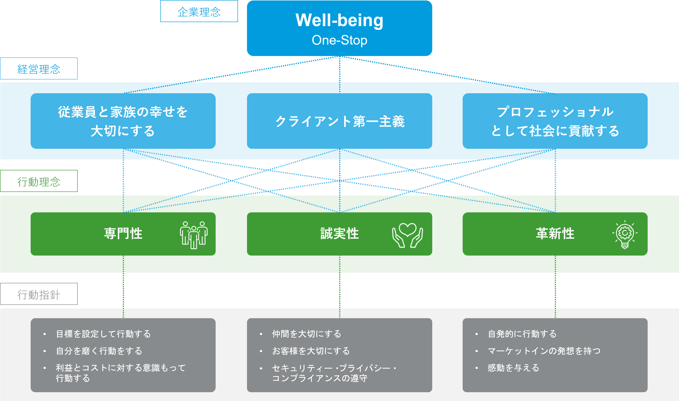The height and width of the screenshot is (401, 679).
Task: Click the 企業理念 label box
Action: click(x=199, y=11)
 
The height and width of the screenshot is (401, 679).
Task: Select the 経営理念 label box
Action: click(x=39, y=68)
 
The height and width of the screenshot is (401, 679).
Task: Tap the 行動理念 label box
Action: click(x=39, y=181)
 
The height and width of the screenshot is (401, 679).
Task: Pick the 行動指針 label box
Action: click(x=39, y=294)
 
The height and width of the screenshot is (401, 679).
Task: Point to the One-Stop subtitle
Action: click(x=339, y=40)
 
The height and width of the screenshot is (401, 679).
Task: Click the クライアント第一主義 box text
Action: click(x=340, y=121)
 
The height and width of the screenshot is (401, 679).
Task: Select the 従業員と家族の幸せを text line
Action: click(x=123, y=112)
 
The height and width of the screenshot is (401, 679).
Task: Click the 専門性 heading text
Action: click(x=123, y=233)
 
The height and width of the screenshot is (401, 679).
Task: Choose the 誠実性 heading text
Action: click(x=339, y=233)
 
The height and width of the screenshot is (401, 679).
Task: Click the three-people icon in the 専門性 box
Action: click(x=194, y=235)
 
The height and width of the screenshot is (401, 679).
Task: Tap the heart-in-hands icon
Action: click(x=408, y=235)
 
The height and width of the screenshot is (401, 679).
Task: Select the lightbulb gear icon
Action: click(x=625, y=234)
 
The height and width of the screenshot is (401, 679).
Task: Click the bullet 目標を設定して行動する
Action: click(x=103, y=334)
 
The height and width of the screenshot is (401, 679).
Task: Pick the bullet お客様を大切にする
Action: click(x=311, y=351)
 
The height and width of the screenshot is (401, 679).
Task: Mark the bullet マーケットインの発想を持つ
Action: click(x=544, y=351)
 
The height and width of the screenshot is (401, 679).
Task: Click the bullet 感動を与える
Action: click(x=513, y=368)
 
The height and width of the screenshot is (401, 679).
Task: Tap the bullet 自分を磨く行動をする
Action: click(x=99, y=351)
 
